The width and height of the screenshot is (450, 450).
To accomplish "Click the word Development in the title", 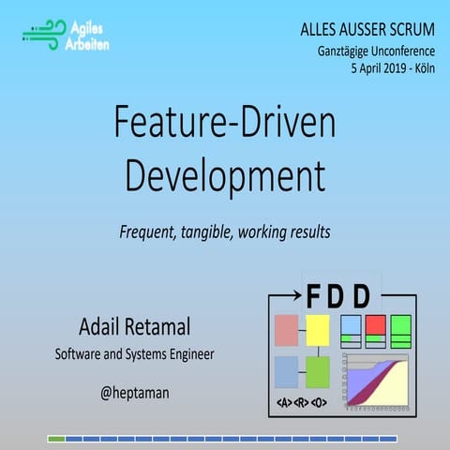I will click(225, 174).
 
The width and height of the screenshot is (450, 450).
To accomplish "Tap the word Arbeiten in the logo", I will click(89, 45).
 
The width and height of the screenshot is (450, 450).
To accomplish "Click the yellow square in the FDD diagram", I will click(318, 330).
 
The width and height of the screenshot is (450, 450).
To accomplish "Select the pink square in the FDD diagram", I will click(286, 330).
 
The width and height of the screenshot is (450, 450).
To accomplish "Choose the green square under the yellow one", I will click(318, 372).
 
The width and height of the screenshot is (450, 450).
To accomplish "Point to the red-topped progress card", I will click(376, 331).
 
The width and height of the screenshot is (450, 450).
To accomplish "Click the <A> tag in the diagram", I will click(281, 404).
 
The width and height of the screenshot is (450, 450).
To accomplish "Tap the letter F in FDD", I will click(313, 297).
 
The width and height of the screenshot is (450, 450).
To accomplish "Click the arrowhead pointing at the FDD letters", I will click(297, 297).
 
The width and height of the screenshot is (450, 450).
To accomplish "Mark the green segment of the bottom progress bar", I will click(56, 439).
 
